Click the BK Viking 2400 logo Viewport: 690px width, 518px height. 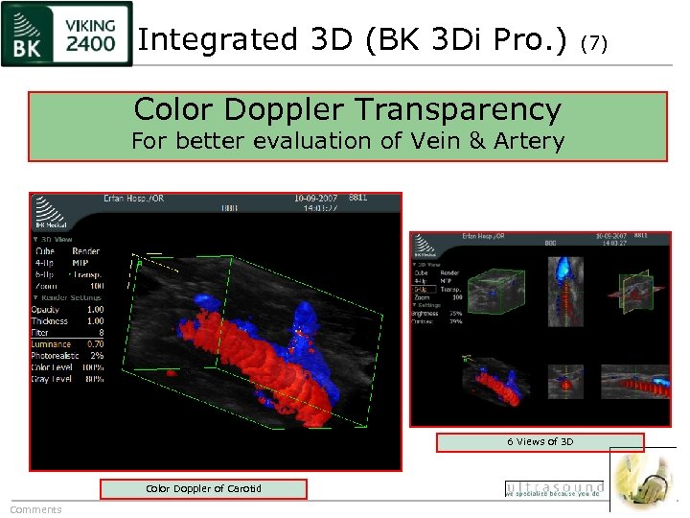coord(66,35)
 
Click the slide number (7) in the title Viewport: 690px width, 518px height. coord(595,42)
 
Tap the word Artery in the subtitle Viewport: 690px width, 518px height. coord(533,141)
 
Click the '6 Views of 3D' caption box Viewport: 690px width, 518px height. coord(540,442)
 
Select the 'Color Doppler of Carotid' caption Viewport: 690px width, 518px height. coord(203,489)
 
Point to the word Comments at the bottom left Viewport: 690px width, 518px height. coord(35,509)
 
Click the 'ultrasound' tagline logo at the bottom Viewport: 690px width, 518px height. coord(554,489)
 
